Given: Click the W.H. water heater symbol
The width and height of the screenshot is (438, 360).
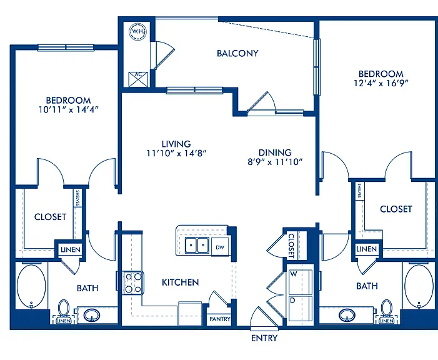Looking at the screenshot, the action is pyautogui.click(x=137, y=32).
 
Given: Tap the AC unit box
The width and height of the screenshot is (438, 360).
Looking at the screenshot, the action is pyautogui.click(x=138, y=79).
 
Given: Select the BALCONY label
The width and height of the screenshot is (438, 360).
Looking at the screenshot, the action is pyautogui.click(x=237, y=53).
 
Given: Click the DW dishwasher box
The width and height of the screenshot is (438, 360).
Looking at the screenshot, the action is pyautogui.click(x=220, y=247).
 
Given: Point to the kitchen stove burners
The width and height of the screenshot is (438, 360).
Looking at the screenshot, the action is pyautogui.click(x=133, y=283).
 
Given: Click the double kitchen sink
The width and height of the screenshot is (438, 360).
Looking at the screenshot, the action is pyautogui.click(x=197, y=246).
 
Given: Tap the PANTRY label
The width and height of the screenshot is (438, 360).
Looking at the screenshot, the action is pyautogui.click(x=220, y=319).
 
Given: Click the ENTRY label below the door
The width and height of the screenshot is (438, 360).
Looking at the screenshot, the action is pyautogui.click(x=264, y=338).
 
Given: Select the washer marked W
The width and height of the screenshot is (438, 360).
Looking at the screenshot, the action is pyautogui.click(x=301, y=282).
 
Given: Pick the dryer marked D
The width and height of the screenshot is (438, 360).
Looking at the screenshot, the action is pyautogui.click(x=301, y=308).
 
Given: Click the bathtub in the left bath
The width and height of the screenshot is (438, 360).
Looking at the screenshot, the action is pyautogui.click(x=31, y=286).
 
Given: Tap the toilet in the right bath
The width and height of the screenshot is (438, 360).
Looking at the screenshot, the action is pyautogui.click(x=387, y=308).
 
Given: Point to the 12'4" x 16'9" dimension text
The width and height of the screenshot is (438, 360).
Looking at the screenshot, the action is pyautogui.click(x=381, y=83).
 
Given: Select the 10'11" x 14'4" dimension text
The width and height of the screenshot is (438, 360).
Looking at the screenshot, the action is pyautogui.click(x=69, y=109).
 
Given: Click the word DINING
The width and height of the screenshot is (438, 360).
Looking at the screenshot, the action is pyautogui.click(x=275, y=152).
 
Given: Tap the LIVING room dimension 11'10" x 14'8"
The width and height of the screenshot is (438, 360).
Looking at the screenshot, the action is pyautogui.click(x=177, y=153).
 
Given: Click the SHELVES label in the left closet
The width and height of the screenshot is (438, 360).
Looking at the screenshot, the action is pyautogui.click(x=77, y=198).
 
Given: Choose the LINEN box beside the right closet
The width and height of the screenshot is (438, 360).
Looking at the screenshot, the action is pyautogui.click(x=367, y=249).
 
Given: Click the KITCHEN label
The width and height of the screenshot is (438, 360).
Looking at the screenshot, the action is pyautogui.click(x=181, y=282).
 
